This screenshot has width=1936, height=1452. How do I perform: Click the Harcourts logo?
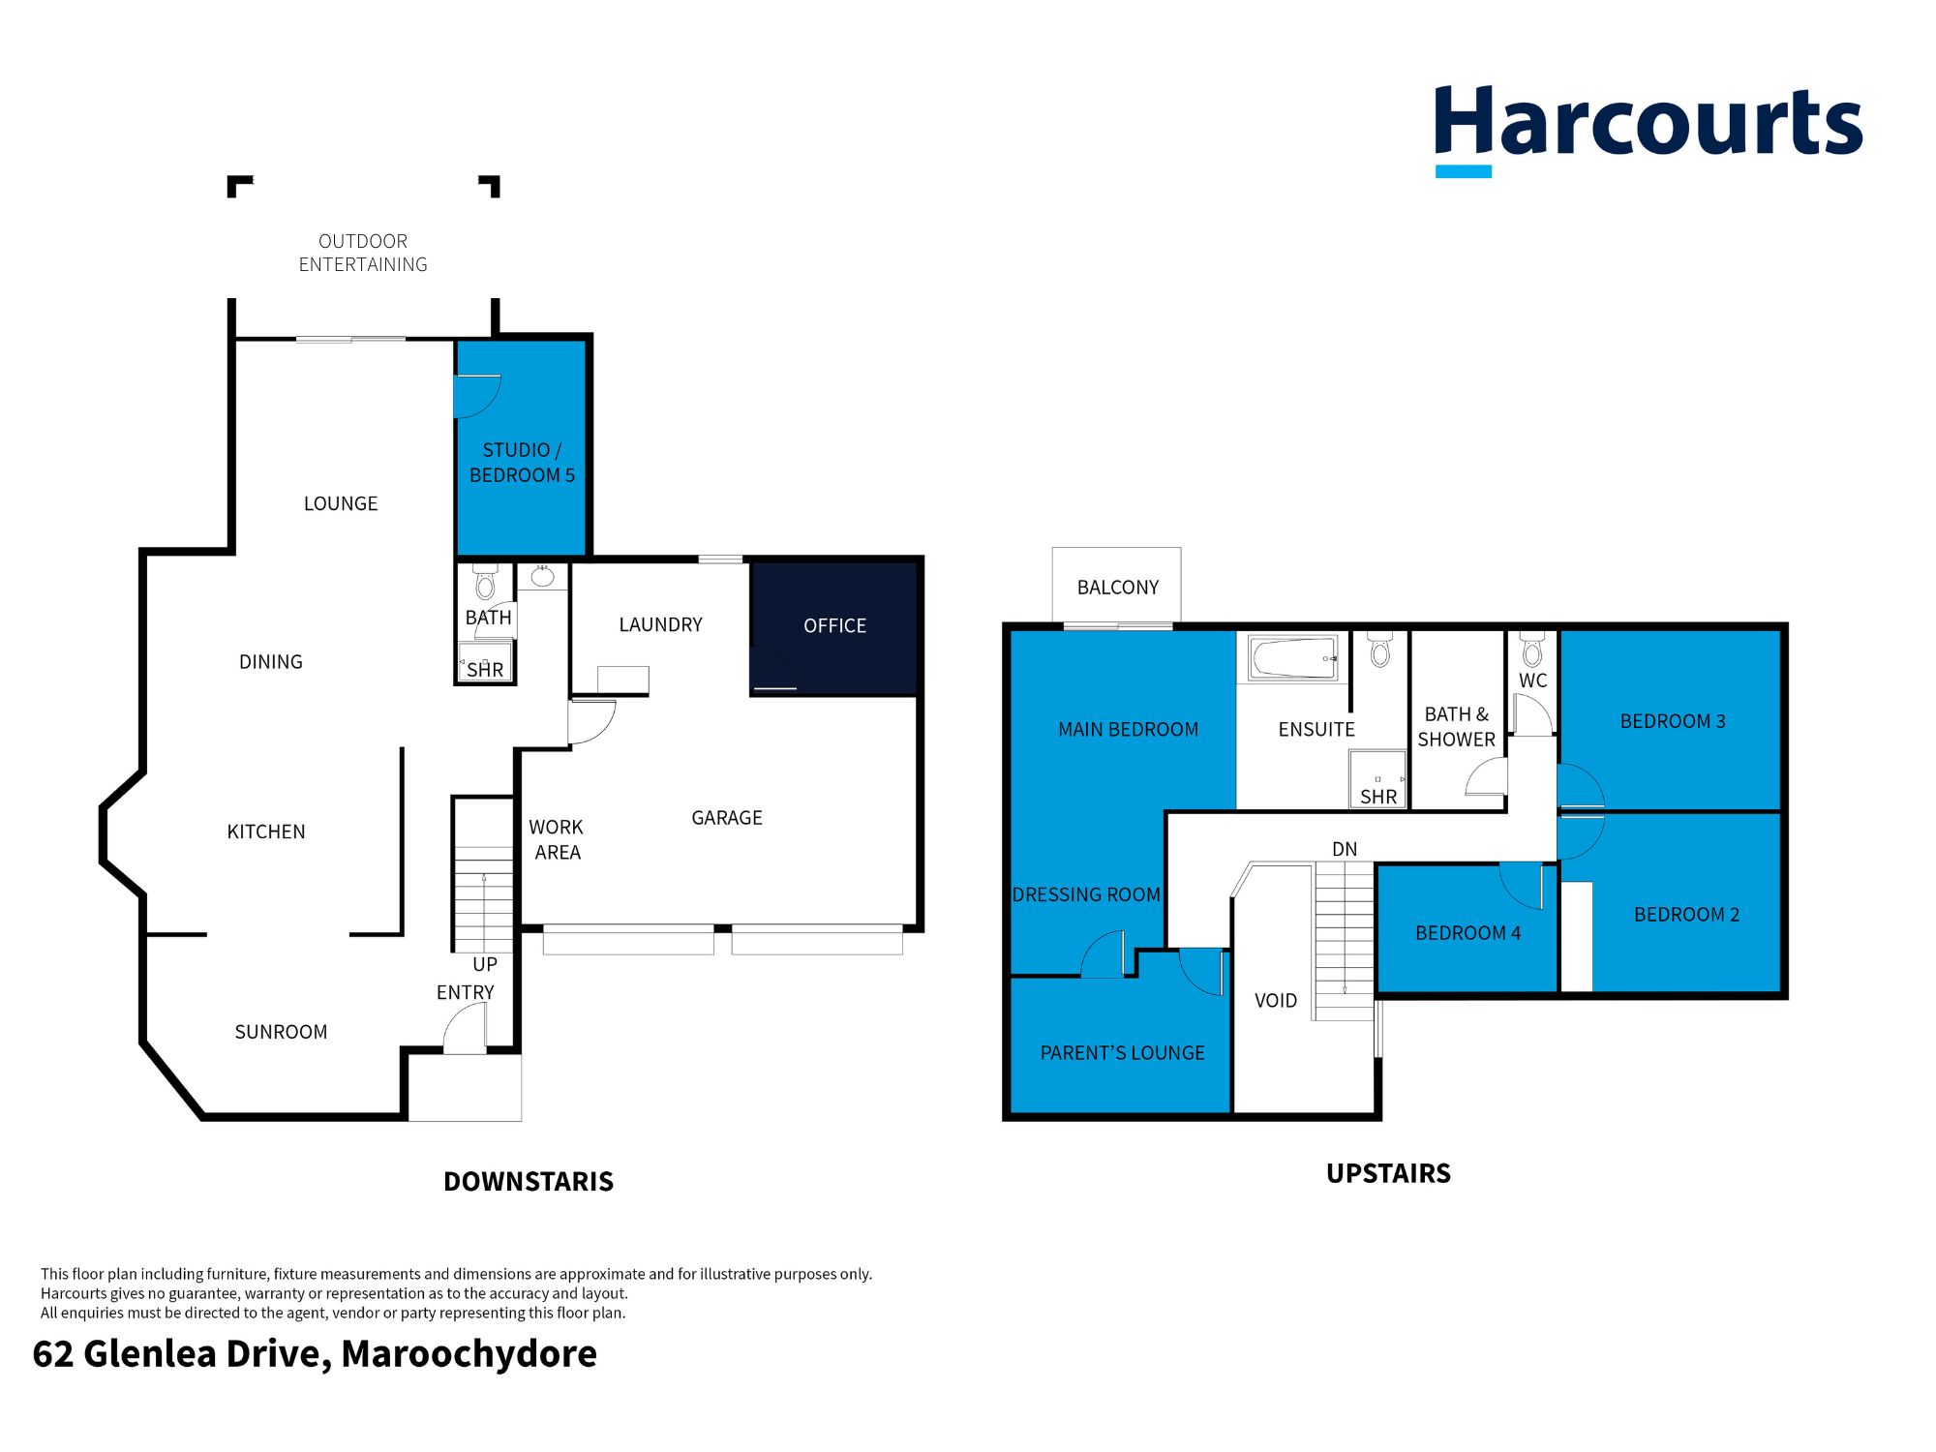1648,126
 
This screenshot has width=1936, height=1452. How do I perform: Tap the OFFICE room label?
834,626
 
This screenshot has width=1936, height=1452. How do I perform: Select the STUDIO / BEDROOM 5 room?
522,463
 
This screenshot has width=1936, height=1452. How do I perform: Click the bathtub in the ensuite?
1293,658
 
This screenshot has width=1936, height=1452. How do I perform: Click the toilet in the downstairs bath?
485,584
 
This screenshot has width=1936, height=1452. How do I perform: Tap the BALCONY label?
1117,588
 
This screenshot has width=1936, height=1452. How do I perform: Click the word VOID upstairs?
1275,1001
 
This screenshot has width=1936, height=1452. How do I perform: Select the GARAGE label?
726,818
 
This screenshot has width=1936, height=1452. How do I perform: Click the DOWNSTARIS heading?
529,1181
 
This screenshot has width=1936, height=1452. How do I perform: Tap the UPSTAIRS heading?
1388,1173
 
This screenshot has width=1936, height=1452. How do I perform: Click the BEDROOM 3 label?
1672,721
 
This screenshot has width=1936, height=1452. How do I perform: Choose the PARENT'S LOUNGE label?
1122,1053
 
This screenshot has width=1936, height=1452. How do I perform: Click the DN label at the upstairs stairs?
1345,849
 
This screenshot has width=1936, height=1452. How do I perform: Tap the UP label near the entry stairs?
485,964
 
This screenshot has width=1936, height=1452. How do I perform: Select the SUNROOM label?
281,1032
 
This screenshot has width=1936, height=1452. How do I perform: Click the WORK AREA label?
557,839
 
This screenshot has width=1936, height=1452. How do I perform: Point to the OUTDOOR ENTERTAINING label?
363,253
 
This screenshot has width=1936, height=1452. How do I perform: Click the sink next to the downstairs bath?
542,577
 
